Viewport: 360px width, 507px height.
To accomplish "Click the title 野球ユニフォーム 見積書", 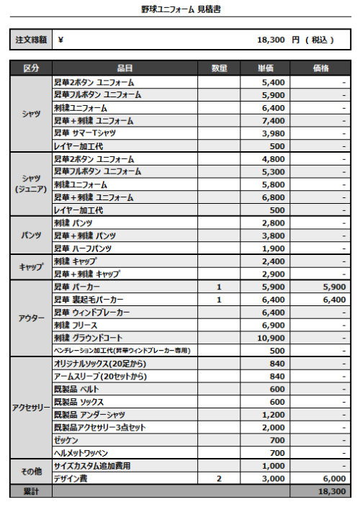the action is [180, 9].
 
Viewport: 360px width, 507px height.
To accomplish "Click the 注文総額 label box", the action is [30, 40].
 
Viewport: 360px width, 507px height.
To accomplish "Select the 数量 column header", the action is [219, 68].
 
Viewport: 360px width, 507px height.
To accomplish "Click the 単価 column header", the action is [264, 68].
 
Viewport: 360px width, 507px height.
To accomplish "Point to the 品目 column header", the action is [125, 68].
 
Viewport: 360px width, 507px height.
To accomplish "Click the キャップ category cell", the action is [30, 267].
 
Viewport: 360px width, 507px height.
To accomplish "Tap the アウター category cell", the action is [30, 318].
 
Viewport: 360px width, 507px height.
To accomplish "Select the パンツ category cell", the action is [30, 235].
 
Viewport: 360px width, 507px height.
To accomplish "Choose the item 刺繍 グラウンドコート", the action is [88, 338].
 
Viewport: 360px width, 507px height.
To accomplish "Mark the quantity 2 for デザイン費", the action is [219, 479].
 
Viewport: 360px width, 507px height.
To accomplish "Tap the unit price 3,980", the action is [272, 133].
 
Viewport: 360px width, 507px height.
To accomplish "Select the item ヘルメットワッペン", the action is [81, 453].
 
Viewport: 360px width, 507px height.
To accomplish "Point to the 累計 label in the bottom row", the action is [30, 492].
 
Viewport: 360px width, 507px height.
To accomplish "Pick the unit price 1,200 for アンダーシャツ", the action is [273, 415].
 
